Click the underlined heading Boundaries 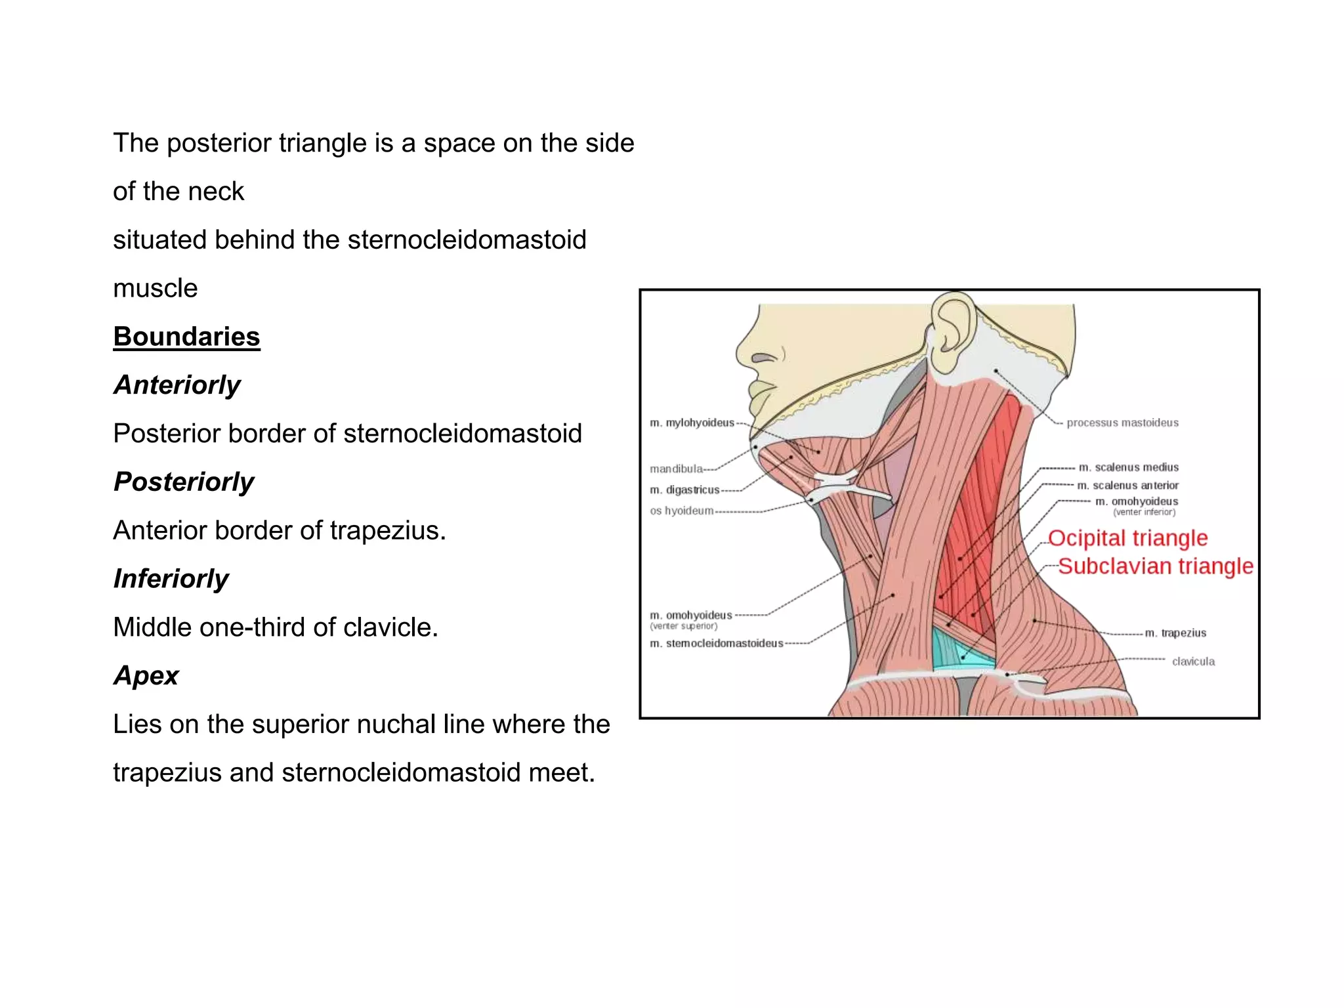pos(186,337)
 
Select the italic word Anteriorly pos(177,385)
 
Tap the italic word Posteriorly pos(184,482)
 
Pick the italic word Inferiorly pos(171,579)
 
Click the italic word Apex pos(146,675)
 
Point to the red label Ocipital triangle pos(1127,538)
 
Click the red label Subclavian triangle pos(1155,566)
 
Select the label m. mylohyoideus pos(692,423)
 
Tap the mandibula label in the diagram pos(676,469)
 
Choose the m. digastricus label pos(684,490)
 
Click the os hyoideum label pos(681,511)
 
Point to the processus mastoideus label pos(1122,423)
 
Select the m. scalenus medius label pos(1129,467)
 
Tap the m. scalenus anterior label pos(1128,486)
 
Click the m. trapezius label pos(1175,633)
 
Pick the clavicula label pos(1193,661)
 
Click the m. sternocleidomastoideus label pos(717,643)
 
